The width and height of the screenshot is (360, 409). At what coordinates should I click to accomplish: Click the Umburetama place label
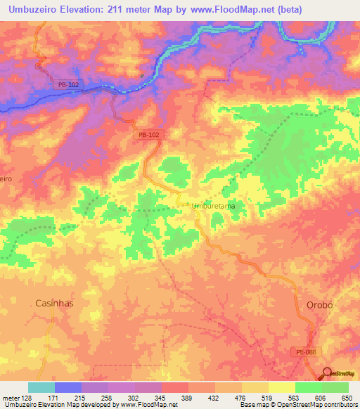click(x=213, y=205)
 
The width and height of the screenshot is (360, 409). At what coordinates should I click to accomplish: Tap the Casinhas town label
click(x=54, y=303)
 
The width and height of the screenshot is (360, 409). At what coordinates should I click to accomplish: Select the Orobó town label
click(x=323, y=304)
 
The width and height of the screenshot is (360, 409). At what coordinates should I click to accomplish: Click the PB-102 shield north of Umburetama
click(x=148, y=134)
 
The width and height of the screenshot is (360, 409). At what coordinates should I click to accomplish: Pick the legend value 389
click(x=188, y=398)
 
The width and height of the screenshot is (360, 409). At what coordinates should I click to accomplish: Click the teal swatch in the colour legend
click(x=41, y=387)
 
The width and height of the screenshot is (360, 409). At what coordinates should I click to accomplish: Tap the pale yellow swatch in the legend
click(x=281, y=387)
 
